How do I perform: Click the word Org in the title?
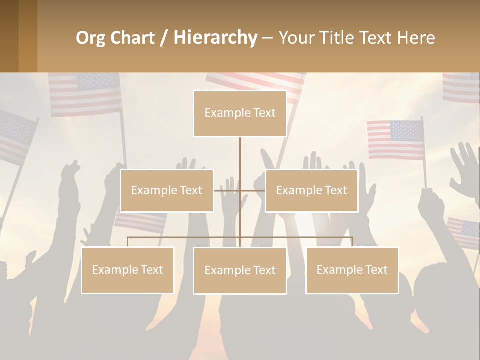coord(90,38)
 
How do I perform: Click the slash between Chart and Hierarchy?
coord(164,38)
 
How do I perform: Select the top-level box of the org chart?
coord(240,113)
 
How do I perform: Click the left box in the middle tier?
coord(167,190)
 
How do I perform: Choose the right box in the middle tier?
coord(311,190)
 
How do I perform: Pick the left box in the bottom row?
coord(127,270)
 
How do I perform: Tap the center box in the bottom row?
coord(240,270)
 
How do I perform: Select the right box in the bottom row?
coord(352,270)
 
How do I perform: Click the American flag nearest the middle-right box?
coord(395,139)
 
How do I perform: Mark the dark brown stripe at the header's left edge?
coord(9,36)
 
